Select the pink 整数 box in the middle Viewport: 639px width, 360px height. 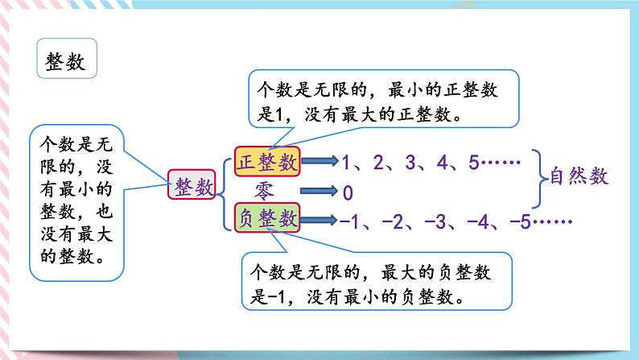tap(193, 188)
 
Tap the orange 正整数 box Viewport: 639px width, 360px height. tap(266, 161)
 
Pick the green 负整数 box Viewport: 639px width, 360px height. tap(266, 218)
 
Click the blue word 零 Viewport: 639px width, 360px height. tap(266, 190)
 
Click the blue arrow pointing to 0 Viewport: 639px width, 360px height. tap(318, 192)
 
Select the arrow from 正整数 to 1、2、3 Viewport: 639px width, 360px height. tap(318, 162)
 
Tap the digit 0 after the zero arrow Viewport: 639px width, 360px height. tap(348, 192)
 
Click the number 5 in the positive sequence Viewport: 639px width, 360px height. tap(474, 163)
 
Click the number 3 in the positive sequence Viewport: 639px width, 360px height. tap(410, 163)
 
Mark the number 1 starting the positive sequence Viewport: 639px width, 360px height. tap(346, 163)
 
